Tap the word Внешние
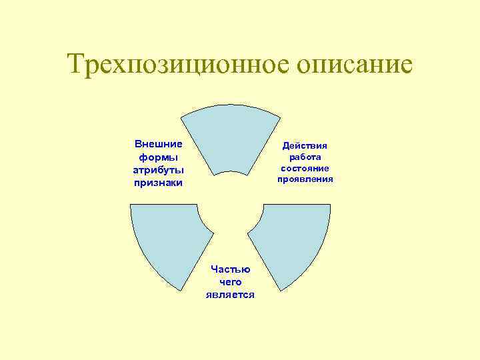click(159, 144)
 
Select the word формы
click(159, 157)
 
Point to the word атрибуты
click(159, 169)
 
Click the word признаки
click(159, 182)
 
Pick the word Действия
click(305, 145)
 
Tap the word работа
click(305, 157)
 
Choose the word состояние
click(305, 168)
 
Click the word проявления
click(305, 179)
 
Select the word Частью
click(230, 269)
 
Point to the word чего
click(230, 282)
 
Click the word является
click(230, 295)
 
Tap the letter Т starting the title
click(77, 65)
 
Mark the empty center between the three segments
click(231, 213)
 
